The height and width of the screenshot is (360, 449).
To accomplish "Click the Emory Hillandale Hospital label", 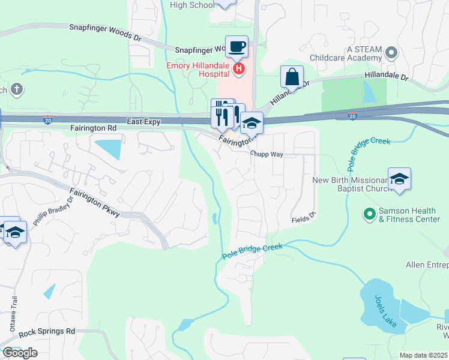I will click(x=198, y=66).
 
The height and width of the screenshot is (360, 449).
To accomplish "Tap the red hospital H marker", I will click(x=240, y=69).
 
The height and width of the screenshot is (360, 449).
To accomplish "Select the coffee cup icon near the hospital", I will click(x=237, y=46).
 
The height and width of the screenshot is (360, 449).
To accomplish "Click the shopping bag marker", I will click(x=292, y=77).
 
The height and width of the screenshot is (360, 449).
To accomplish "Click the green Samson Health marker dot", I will click(x=369, y=212).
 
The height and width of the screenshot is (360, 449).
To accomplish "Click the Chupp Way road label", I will click(x=267, y=154).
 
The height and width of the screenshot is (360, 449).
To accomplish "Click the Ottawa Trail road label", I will click(x=12, y=315).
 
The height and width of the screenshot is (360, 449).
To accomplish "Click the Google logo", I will click(x=19, y=353).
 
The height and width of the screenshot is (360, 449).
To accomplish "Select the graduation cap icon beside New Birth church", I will click(x=399, y=179).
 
